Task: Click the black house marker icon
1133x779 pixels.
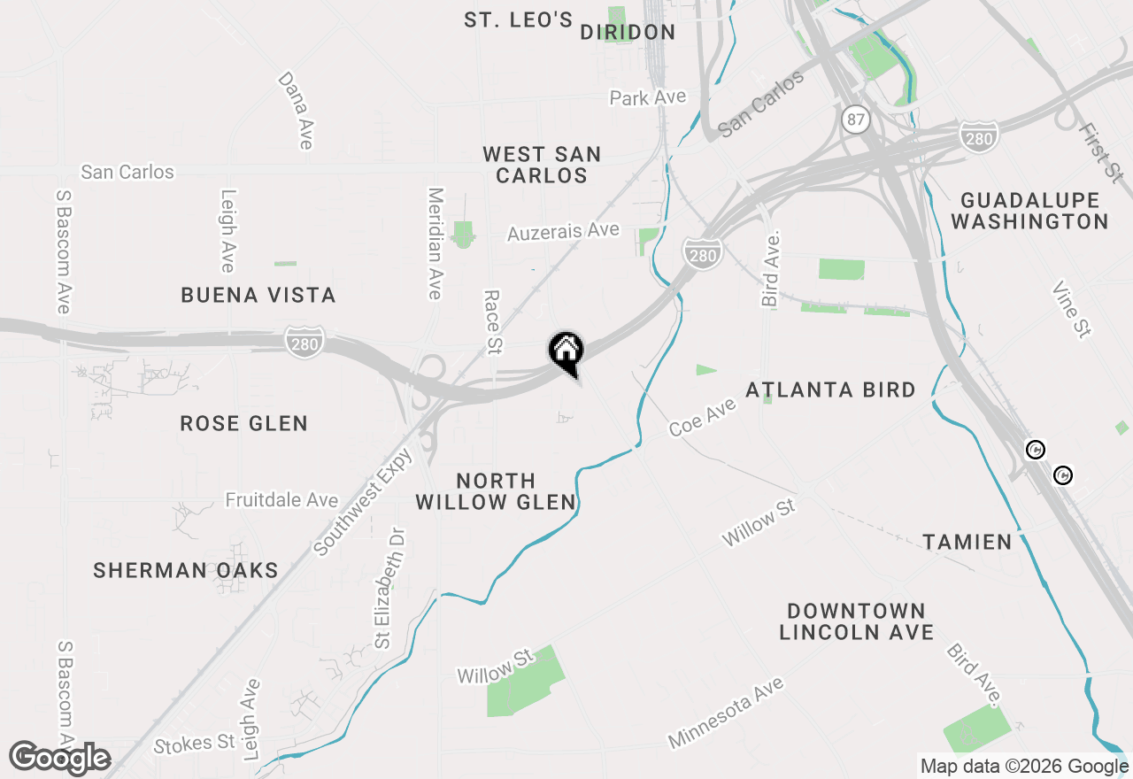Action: [566, 351]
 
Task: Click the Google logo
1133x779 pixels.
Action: [60, 758]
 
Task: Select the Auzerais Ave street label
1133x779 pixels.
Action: [563, 232]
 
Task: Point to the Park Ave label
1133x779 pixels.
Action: [648, 97]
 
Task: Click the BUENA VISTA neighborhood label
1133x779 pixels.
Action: [258, 295]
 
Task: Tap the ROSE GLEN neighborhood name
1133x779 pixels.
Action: [243, 423]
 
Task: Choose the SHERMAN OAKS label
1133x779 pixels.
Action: [186, 570]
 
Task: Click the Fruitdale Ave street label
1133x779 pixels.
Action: [281, 500]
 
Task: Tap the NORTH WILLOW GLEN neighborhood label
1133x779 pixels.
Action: [496, 491]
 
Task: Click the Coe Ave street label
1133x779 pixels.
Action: [703, 416]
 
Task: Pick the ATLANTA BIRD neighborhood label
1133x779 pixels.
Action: [830, 389]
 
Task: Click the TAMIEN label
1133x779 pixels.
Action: [967, 542]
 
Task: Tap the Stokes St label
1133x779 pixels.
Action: [194, 744]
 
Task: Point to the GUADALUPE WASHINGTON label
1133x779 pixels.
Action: [1029, 211]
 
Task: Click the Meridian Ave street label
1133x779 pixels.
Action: [435, 243]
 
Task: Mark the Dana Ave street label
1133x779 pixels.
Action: [296, 110]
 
